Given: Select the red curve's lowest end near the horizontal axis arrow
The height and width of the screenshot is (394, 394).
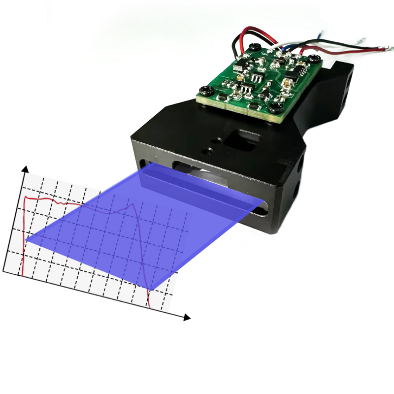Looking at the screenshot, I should tap(150, 307).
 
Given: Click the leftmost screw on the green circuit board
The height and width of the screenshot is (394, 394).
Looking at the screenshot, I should tap(204, 89).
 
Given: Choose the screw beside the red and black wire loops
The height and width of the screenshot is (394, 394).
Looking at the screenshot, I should tap(254, 47).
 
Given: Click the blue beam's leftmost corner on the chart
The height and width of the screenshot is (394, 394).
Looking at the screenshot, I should tap(26, 241).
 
